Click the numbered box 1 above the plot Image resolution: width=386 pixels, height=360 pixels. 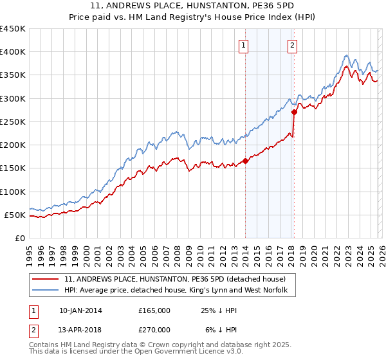coord(245,45)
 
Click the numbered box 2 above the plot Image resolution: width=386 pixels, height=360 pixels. coord(292,45)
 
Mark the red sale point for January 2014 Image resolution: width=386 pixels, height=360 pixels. coord(246,161)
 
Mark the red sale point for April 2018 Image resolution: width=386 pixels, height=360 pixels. coord(294,112)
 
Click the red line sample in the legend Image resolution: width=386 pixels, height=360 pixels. coord(46,280)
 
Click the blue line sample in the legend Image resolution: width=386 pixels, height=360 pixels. coord(46,291)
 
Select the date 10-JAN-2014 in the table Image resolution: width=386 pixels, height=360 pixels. coord(80,310)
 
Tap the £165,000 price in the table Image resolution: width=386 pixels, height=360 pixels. coord(154,310)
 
